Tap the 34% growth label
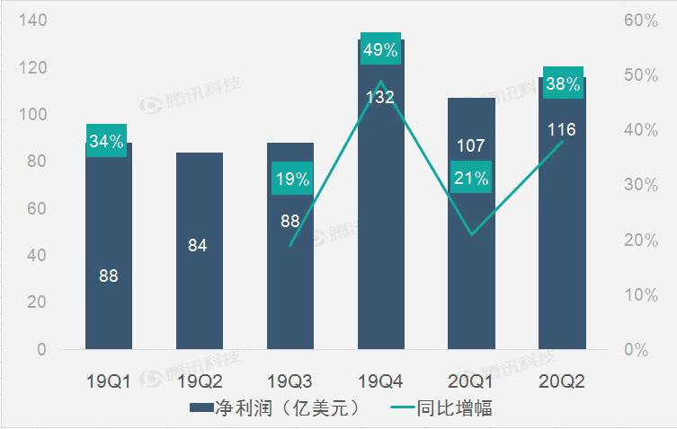(x=107, y=140)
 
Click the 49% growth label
(x=380, y=49)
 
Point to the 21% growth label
(x=471, y=178)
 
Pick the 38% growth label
(x=562, y=83)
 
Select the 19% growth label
(x=290, y=179)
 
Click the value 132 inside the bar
(x=380, y=97)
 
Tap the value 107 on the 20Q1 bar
(x=471, y=144)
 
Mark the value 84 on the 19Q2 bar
(x=199, y=245)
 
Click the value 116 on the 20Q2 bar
(x=562, y=130)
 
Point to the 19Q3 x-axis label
(x=290, y=381)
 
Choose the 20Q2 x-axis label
(x=562, y=381)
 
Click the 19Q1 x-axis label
(x=108, y=381)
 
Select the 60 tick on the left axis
(x=35, y=208)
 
